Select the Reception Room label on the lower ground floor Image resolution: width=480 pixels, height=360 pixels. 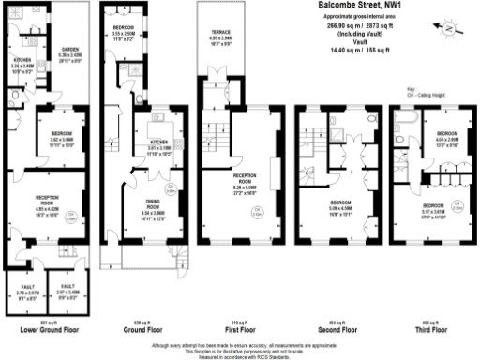(x=49, y=200)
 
